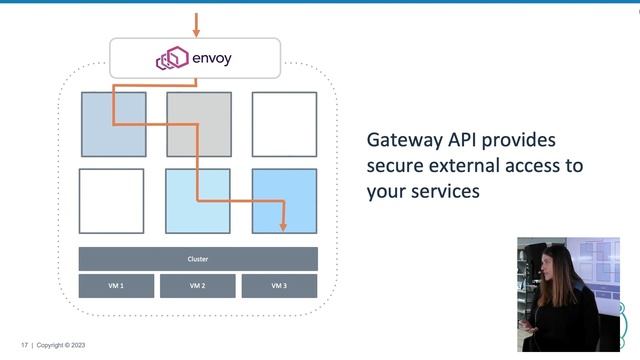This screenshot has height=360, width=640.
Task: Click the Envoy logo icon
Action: click(172, 59)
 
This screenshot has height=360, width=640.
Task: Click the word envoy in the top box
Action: click(210, 58)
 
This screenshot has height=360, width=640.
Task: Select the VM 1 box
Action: click(117, 286)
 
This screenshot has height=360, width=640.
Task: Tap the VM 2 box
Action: click(198, 286)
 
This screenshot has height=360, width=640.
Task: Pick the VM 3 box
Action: click(279, 286)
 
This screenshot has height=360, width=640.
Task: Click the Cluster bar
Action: click(198, 259)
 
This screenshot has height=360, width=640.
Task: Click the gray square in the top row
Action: click(199, 124)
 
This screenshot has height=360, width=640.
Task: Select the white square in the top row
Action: click(284, 124)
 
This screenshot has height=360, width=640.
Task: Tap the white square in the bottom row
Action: click(112, 201)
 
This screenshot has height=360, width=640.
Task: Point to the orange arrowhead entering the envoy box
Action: click(196, 32)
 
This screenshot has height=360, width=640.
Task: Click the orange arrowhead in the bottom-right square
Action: click(283, 226)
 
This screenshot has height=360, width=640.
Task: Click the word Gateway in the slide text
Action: click(401, 139)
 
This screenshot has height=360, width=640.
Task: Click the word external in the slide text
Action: click(465, 164)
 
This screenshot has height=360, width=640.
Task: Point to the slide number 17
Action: click(23, 345)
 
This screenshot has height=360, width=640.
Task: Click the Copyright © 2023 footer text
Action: click(63, 345)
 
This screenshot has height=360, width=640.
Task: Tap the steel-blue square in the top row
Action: click(113, 124)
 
